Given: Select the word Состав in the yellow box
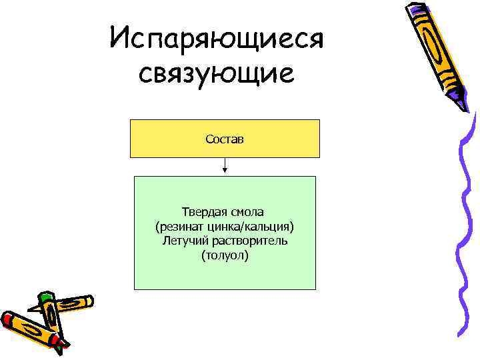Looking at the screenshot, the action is pos(225,139).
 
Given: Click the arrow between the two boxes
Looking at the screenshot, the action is pos(225,167).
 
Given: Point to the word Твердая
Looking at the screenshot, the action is pos(202,212).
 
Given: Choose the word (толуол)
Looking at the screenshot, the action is pos(225,255).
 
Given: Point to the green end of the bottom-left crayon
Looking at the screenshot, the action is pos(44,298).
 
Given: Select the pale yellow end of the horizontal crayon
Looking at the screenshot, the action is pos(87,302).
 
